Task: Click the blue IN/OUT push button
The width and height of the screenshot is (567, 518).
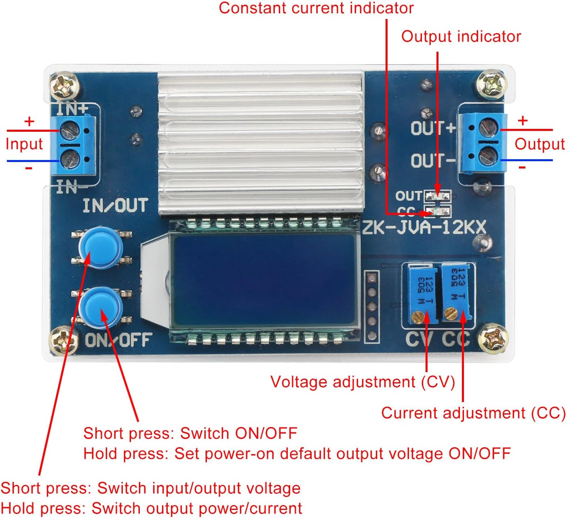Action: [100, 248]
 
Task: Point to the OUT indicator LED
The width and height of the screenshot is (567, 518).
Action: [437, 196]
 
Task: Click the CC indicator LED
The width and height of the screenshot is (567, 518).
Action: [437, 211]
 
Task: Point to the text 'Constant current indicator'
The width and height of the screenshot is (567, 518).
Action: [316, 8]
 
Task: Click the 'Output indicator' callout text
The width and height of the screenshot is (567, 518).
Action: [461, 37]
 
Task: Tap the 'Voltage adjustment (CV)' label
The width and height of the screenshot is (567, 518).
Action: [363, 382]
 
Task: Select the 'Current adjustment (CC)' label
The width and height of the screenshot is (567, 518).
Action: [473, 413]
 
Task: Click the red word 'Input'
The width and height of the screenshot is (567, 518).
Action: [24, 144]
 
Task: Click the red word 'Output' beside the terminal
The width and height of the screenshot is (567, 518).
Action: [539, 144]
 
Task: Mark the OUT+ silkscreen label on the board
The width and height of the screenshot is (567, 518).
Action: [433, 128]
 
